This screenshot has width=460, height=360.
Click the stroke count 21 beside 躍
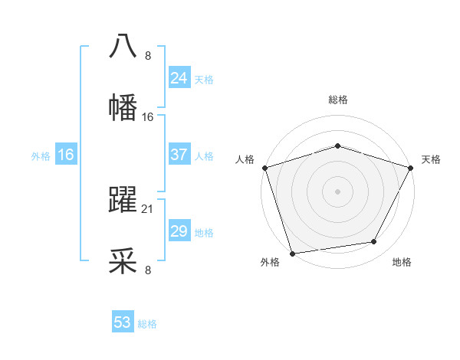pos(148,208)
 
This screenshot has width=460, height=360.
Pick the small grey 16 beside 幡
pos(148,116)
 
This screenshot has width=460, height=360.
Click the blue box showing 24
pos(179,78)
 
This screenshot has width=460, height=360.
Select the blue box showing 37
pos(179,155)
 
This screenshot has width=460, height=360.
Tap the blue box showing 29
pos(179,231)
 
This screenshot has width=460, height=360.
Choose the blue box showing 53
pos(123,322)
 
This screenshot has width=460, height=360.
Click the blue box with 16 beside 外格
pos(66,155)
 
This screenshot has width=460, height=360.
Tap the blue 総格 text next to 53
pos(147,324)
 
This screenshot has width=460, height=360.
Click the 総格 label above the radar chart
pos(337,100)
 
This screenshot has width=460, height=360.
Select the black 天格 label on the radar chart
pos(431,159)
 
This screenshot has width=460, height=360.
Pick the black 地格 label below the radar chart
pos(402,262)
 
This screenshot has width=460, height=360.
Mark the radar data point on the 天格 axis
pos(411,168)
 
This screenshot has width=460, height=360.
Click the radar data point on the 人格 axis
pos(264,168)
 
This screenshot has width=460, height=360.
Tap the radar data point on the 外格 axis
pos(292,252)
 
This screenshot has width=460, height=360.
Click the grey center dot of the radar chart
pos(337,191)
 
